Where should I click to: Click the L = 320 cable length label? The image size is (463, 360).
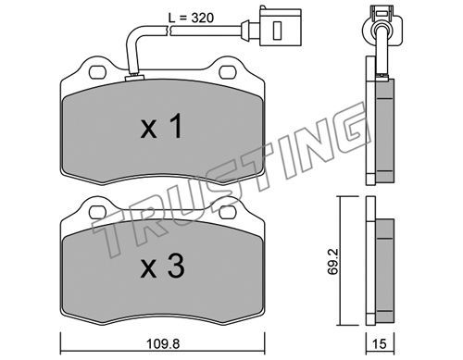coord(191,18)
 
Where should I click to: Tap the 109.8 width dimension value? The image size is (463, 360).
coord(163,343)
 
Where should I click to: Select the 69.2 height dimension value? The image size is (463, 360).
coord(333,261)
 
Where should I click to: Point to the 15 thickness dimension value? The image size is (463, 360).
coord(380,343)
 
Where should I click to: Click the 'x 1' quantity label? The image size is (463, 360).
coord(161,126)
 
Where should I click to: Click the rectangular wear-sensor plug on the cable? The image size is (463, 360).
coord(281,28)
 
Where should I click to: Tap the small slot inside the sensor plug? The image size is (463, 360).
coord(277,31)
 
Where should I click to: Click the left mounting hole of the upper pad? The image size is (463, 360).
coord(97,71)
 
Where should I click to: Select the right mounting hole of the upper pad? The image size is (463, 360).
coord(228,71)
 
